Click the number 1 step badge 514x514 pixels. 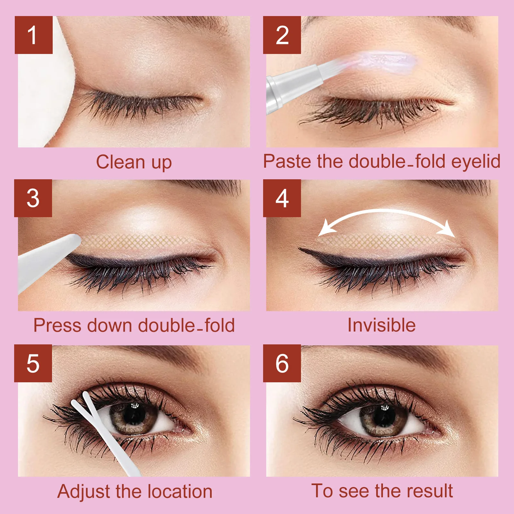(33, 35)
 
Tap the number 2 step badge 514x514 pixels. (282, 35)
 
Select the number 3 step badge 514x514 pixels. (33, 198)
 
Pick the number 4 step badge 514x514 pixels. (282, 198)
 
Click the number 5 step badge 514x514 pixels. (33, 363)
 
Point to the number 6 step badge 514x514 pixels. (282, 363)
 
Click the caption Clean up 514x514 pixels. (134, 162)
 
